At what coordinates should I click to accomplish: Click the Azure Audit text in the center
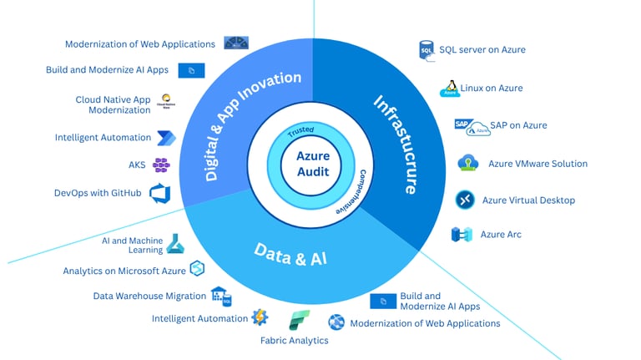coord(313,164)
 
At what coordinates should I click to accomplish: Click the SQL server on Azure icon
coord(426,50)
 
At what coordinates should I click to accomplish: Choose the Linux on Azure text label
coord(492,89)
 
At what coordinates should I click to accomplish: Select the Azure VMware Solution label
coord(538,164)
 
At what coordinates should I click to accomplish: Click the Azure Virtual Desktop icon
coord(465,200)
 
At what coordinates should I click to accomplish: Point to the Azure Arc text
coord(501,235)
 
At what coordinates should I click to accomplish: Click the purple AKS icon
coord(161,165)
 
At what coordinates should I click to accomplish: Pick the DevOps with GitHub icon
coord(159,194)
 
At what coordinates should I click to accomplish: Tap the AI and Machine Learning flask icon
coord(175,243)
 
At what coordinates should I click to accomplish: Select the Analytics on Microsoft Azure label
coord(124,271)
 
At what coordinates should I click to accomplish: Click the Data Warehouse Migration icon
coord(221,296)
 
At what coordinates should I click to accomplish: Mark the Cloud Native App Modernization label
coord(113,105)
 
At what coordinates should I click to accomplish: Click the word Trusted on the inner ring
coord(300,133)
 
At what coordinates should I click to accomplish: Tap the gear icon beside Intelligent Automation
coord(260,317)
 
